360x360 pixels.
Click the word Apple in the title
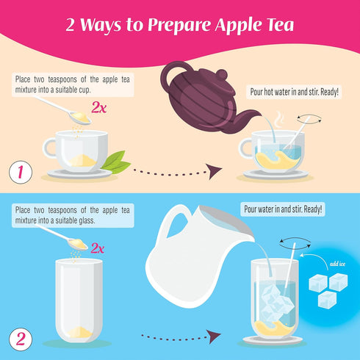(x=234, y=24)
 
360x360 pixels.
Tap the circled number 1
(x=21, y=172)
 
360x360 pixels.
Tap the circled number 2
(x=21, y=340)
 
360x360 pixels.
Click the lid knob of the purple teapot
(x=222, y=74)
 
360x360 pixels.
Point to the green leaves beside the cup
(x=115, y=162)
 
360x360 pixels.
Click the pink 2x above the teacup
(x=99, y=107)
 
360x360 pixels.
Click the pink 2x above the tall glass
(x=98, y=248)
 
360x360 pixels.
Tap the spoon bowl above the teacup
(x=80, y=118)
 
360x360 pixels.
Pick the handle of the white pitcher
(x=171, y=220)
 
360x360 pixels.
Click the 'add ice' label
(x=337, y=264)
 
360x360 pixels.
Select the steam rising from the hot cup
(x=278, y=120)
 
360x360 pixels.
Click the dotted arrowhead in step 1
(x=214, y=171)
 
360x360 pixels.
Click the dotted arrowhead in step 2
(x=214, y=336)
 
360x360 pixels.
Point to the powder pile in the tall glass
(x=79, y=332)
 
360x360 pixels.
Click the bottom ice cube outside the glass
(x=327, y=299)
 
